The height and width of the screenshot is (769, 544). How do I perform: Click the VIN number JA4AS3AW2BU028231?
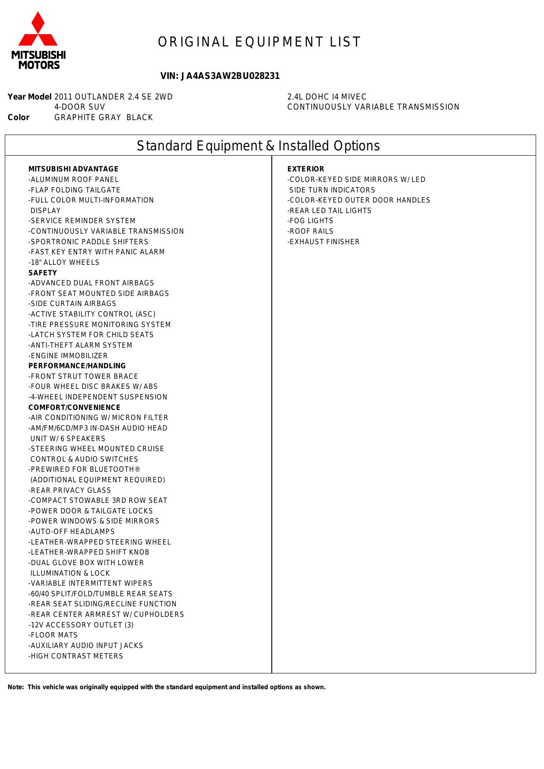220,76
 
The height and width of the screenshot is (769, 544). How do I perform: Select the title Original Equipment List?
260,42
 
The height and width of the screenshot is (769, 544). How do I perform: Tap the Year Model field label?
29,97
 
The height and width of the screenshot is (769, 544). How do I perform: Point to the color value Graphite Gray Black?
103,117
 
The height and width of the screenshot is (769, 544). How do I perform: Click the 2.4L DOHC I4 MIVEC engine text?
327,97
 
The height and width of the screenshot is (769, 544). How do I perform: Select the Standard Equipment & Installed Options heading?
258,146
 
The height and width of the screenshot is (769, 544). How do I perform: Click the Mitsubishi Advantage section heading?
73,169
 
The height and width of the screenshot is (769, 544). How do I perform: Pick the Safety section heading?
43,273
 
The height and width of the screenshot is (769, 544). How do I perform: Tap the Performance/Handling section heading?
77,366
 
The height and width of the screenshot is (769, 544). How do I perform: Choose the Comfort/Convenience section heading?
74,407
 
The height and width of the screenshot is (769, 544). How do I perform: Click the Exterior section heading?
306,169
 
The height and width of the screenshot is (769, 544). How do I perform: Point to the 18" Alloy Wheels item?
64,263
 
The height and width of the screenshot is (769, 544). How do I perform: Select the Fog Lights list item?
310,221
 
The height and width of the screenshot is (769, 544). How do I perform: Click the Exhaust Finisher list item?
324,242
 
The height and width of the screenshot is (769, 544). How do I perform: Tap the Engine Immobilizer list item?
68,356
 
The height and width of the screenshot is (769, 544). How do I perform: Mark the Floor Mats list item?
53,635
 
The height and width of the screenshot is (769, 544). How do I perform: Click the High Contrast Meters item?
76,656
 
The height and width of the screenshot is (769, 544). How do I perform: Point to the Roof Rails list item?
310,231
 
